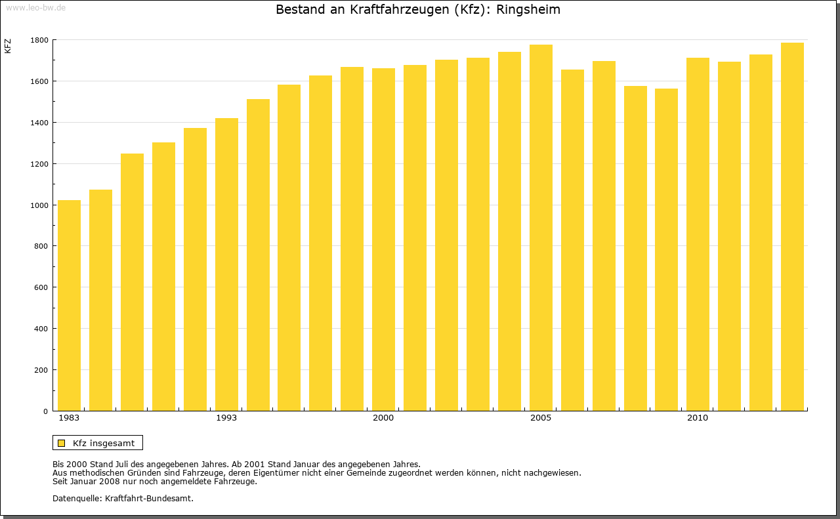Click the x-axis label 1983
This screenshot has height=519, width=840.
tap(69, 418)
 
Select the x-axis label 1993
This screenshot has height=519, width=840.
tap(226, 418)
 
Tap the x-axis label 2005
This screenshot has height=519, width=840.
tap(541, 418)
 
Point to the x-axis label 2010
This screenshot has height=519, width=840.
tap(698, 418)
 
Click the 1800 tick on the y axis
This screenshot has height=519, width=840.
tap(39, 40)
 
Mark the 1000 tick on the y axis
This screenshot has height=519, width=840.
tap(39, 205)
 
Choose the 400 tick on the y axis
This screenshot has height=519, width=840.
tap(41, 329)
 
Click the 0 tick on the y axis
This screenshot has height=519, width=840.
tap(45, 411)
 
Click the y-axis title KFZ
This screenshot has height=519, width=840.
tap(8, 46)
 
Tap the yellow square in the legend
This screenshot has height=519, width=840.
tap(62, 443)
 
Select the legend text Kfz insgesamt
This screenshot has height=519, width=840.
tap(104, 443)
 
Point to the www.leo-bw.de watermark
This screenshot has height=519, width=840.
tap(35, 7)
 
